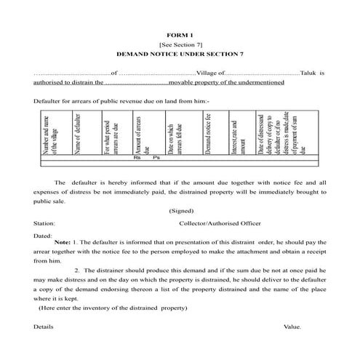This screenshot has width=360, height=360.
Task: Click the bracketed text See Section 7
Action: click(180, 45)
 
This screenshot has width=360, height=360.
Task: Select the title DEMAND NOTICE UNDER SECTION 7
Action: click(180, 55)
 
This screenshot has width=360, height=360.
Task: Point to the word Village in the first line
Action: click(207, 73)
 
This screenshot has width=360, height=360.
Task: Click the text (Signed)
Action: click(180, 211)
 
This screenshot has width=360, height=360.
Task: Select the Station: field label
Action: click(44, 223)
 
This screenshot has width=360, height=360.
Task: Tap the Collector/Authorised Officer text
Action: click(219, 223)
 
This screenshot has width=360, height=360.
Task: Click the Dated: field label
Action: click(42, 236)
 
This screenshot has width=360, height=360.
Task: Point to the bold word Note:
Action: click(63, 242)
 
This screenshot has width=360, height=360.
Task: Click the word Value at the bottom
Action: click(293, 327)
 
